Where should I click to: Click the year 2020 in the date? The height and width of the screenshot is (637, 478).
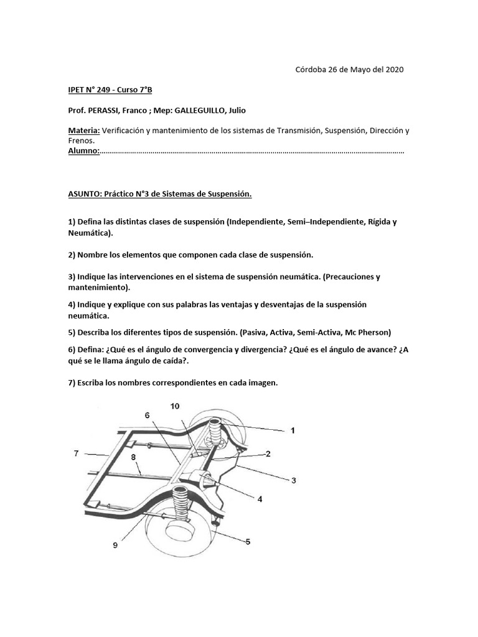pyautogui.click(x=393, y=69)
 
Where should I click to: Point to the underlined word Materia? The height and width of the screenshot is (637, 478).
pyautogui.click(x=83, y=131)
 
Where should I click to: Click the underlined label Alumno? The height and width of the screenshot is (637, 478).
pyautogui.click(x=83, y=151)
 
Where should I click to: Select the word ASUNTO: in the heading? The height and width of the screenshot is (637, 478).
pyautogui.click(x=87, y=194)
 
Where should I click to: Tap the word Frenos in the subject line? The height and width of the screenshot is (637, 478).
pyautogui.click(x=81, y=141)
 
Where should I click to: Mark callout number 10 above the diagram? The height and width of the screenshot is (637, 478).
pyautogui.click(x=175, y=406)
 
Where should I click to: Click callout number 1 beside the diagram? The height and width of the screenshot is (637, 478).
pyautogui.click(x=293, y=430)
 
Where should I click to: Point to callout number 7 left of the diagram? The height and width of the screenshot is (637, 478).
pyautogui.click(x=76, y=453)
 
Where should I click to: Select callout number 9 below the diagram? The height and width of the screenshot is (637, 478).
pyautogui.click(x=115, y=546)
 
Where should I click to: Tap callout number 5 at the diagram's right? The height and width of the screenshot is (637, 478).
pyautogui.click(x=248, y=542)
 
